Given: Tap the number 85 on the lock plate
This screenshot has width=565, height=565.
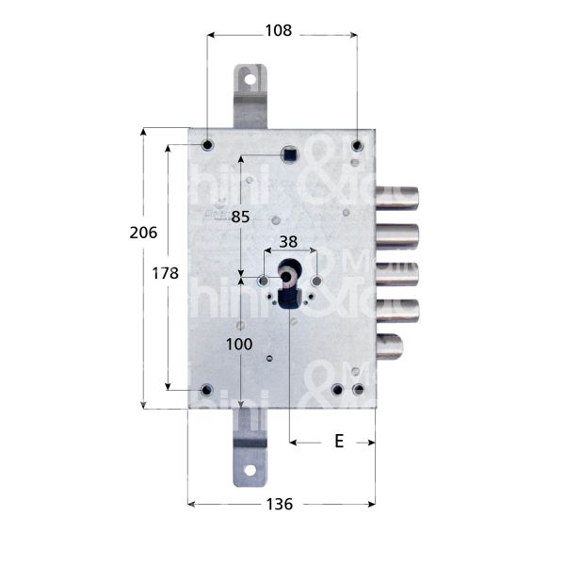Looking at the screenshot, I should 240,216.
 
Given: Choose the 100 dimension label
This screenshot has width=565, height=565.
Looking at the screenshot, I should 240,345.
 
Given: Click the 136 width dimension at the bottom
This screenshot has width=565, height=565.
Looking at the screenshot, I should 279,504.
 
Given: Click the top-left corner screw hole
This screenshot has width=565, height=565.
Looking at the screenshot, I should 207,145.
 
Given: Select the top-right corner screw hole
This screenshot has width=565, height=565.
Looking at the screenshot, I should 357,145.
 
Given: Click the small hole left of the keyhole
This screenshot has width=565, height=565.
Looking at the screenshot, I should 262,281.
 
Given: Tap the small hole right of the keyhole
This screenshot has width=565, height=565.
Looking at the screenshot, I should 316,281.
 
